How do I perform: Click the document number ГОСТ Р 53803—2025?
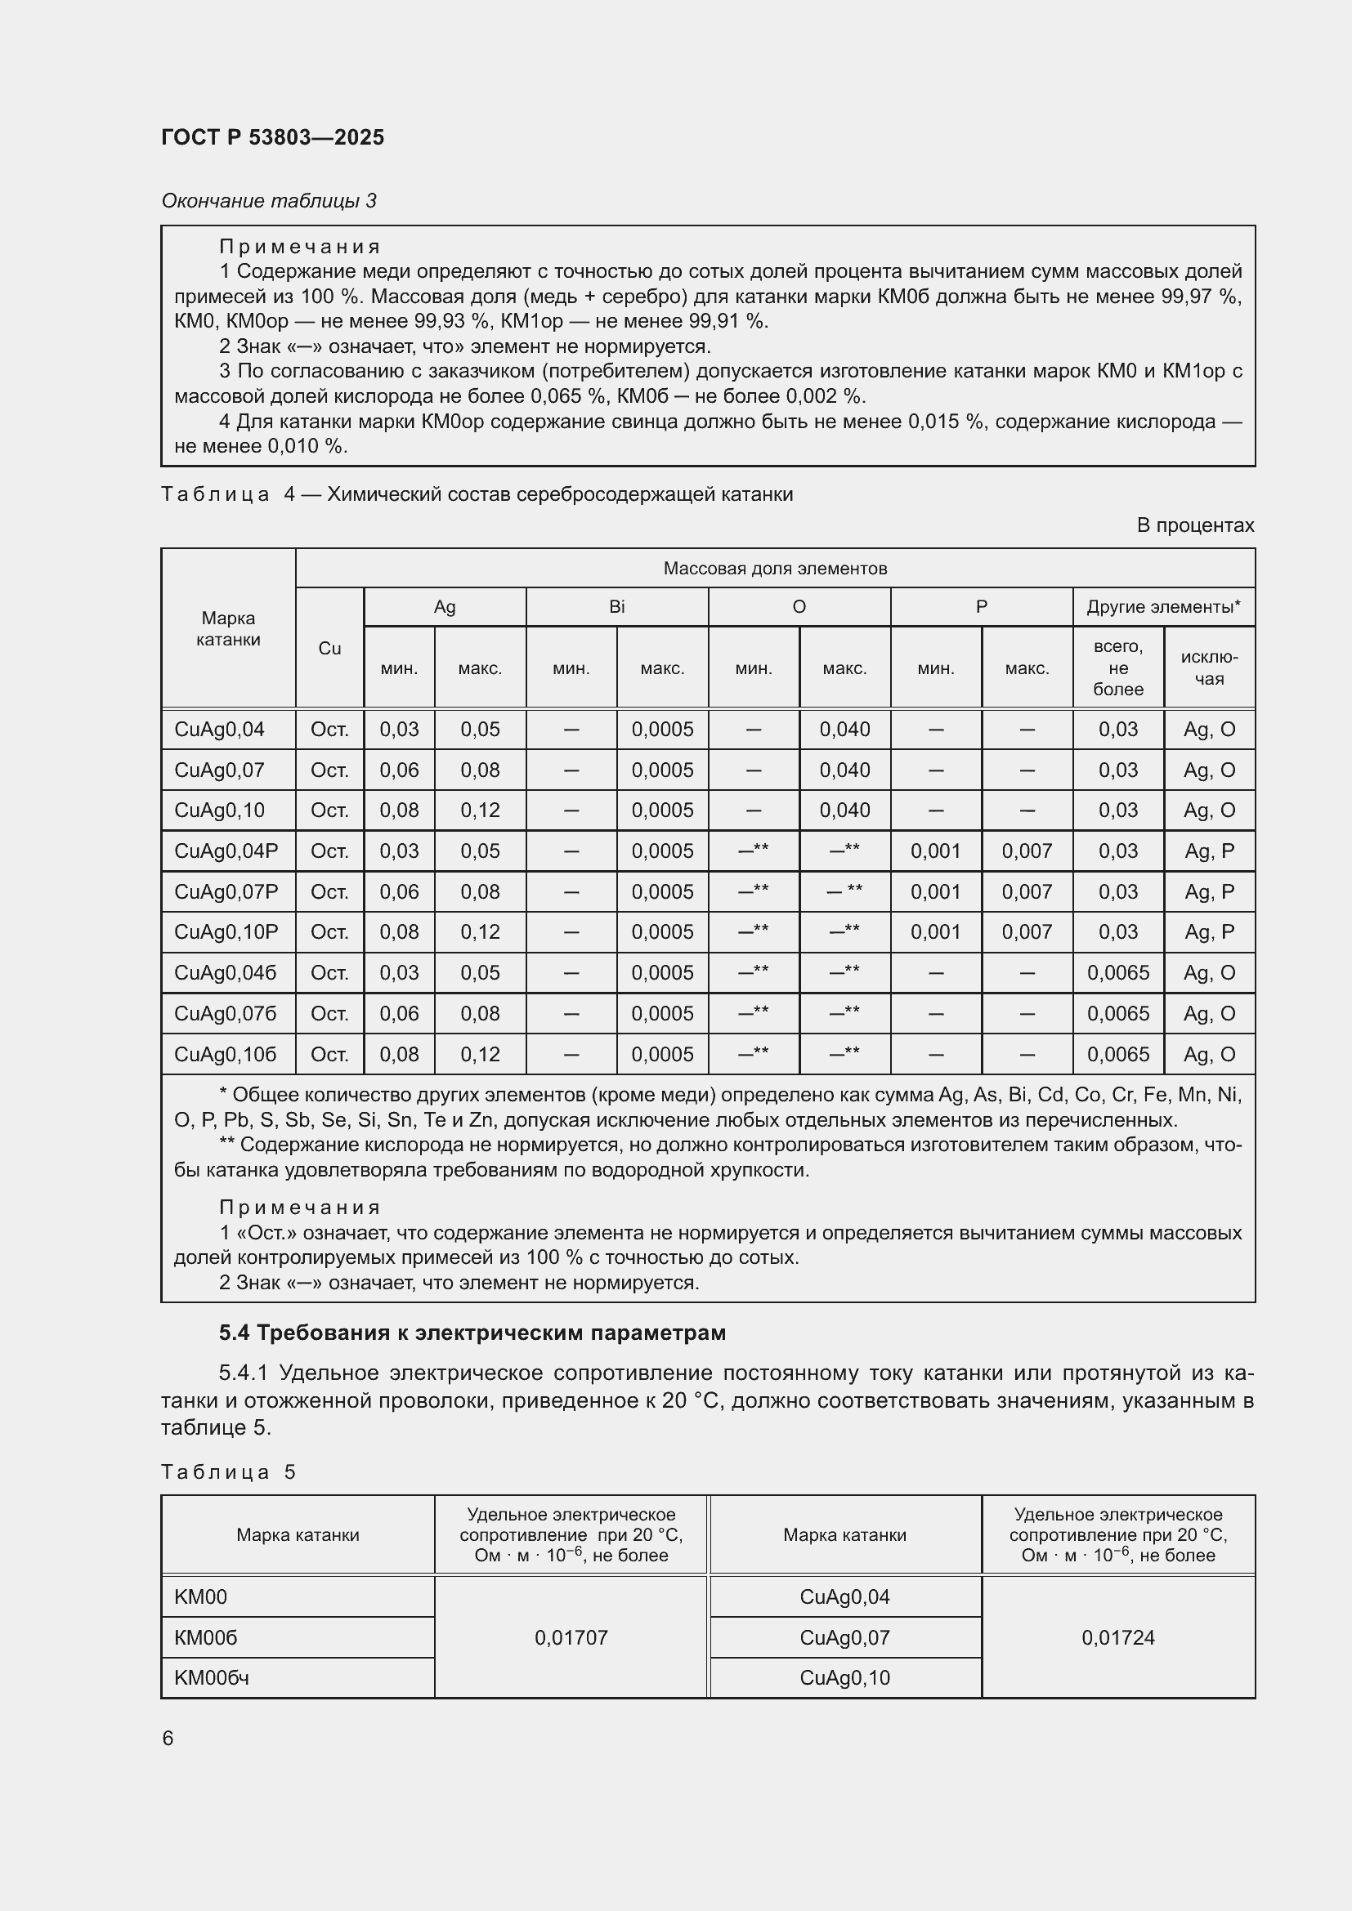(x=272, y=137)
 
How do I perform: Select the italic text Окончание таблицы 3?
(x=268, y=201)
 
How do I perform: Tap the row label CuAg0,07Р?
(x=226, y=891)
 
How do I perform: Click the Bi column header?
(x=616, y=607)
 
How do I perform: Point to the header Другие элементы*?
(x=1163, y=607)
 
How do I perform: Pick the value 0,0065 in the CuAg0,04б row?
(x=1117, y=972)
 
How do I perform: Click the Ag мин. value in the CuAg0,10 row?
(x=399, y=810)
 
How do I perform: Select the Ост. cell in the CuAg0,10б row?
(x=329, y=1054)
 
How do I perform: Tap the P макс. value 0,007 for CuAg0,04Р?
(x=1027, y=851)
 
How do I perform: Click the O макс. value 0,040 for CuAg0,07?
(x=844, y=770)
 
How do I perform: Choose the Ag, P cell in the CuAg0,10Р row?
(x=1209, y=931)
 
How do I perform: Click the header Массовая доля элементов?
(x=774, y=569)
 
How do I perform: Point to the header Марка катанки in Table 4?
(x=228, y=628)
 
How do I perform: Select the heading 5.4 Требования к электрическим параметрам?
(x=472, y=1333)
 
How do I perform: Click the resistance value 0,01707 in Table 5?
(x=571, y=1637)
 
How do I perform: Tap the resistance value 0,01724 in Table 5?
(x=1117, y=1637)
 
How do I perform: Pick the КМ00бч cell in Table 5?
(x=212, y=1678)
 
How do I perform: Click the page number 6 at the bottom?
(x=168, y=1739)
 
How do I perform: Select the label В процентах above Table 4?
(x=1195, y=525)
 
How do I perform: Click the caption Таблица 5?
(x=228, y=1471)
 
